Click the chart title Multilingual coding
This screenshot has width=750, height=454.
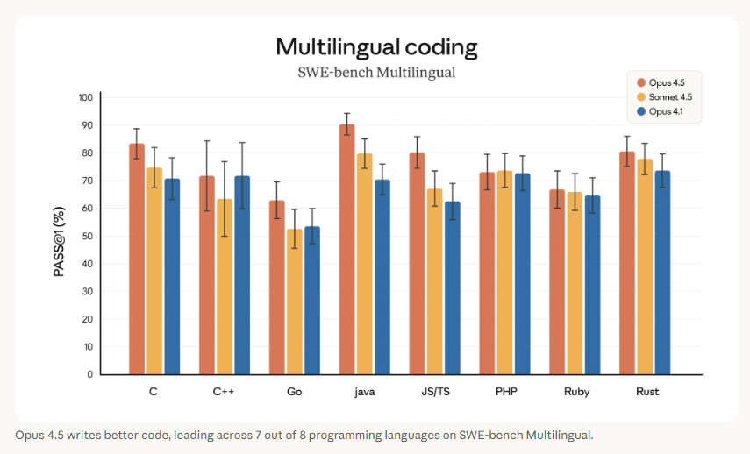[376, 46]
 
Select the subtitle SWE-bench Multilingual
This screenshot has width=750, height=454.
[376, 72]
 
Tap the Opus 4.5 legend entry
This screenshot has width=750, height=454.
[667, 82]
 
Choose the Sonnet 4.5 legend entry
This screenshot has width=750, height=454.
[669, 97]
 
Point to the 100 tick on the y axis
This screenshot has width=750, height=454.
[85, 97]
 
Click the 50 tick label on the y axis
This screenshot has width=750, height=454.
[87, 236]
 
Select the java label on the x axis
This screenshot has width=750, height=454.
[364, 392]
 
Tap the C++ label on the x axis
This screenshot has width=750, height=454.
[224, 392]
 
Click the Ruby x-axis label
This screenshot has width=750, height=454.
[576, 392]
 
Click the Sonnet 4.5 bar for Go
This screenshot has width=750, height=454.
[295, 301]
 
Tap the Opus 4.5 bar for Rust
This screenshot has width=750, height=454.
[627, 263]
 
